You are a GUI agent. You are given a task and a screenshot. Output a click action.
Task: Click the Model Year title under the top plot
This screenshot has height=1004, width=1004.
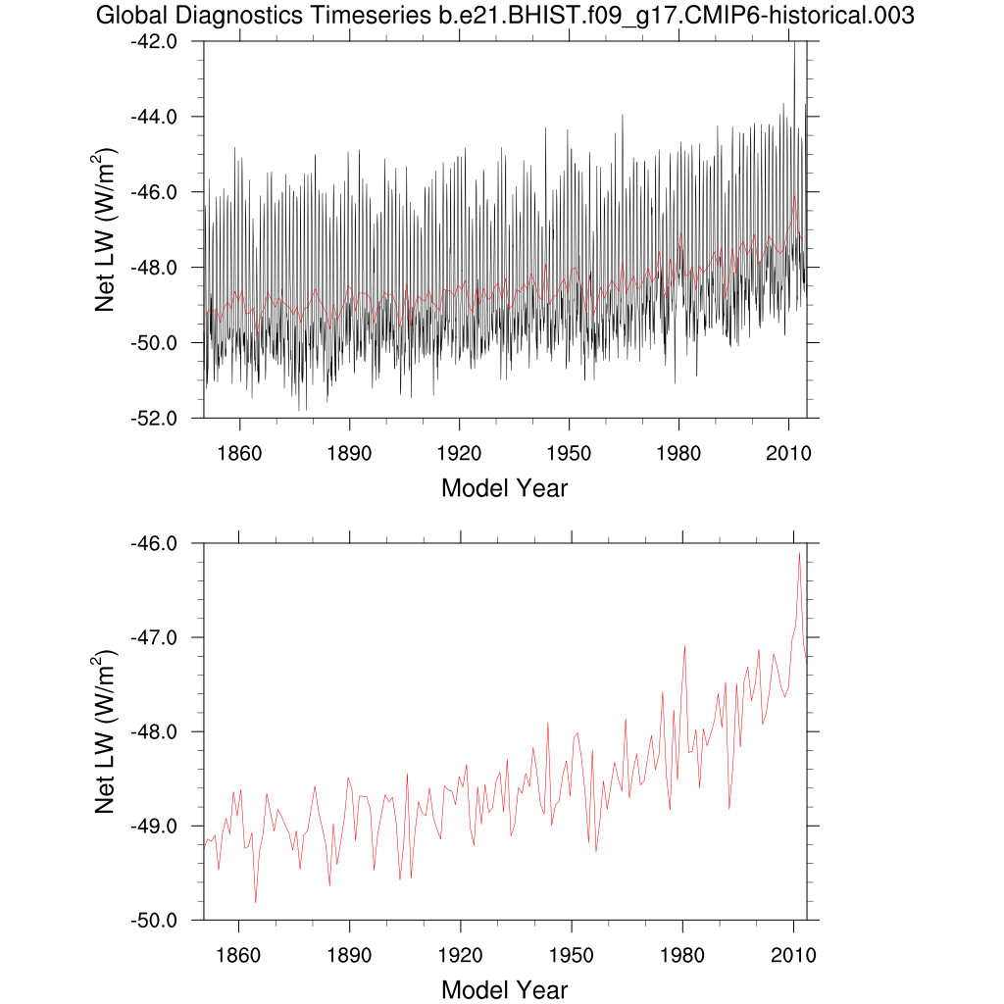point(504,487)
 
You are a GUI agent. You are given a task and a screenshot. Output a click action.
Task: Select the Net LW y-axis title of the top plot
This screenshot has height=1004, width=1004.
point(106,229)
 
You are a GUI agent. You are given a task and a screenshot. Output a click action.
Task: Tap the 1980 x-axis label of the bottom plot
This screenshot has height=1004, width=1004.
point(679,954)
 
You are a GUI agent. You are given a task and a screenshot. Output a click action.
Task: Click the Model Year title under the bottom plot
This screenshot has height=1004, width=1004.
point(504,989)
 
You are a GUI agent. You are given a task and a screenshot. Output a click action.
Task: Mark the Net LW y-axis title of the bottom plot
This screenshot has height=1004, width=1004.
point(106,731)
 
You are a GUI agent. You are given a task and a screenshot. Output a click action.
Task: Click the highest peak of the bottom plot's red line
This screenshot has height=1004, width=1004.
point(799,553)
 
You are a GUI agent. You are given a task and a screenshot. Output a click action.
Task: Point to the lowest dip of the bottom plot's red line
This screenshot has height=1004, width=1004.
point(255,902)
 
